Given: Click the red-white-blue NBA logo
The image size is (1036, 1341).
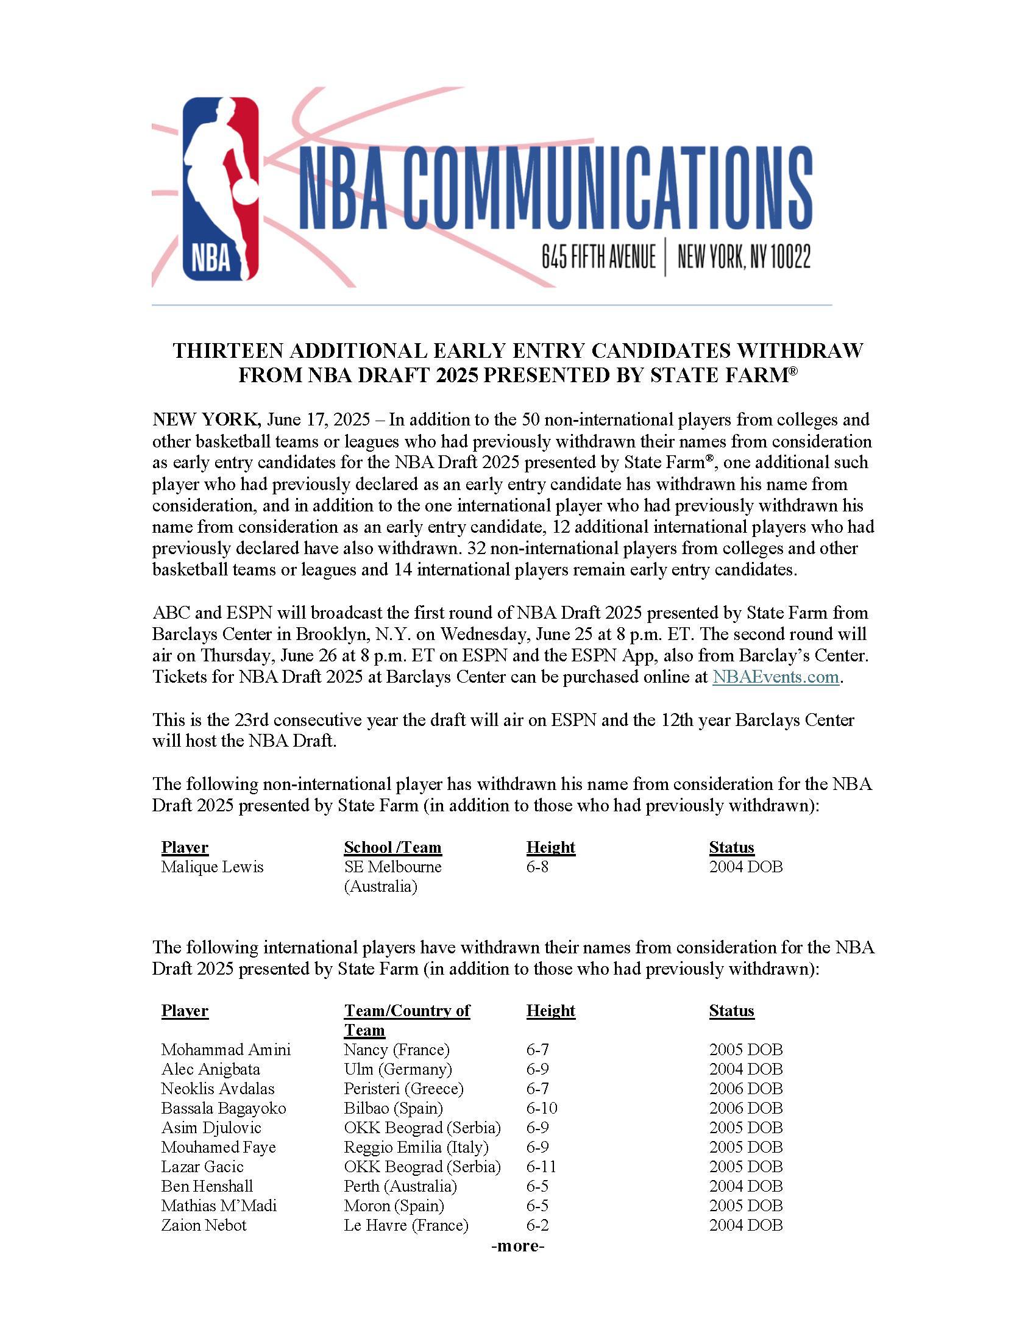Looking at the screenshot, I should (221, 188).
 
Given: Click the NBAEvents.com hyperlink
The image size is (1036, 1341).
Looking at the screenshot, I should (775, 677).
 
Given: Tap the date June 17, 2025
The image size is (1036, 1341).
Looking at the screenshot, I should (319, 420).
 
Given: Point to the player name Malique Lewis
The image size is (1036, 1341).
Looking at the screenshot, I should (211, 867).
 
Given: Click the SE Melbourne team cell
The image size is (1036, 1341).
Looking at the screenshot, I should (392, 867).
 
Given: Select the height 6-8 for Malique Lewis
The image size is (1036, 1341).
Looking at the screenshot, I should (537, 867).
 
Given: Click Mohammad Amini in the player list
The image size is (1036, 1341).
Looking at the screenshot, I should (226, 1050).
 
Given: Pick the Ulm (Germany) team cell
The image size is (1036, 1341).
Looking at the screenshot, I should (398, 1069).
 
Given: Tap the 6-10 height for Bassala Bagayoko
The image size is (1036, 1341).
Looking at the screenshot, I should (541, 1108).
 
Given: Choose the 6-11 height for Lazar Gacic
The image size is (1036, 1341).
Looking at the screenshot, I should (541, 1167).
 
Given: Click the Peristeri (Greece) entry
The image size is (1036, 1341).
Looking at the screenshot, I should (403, 1089).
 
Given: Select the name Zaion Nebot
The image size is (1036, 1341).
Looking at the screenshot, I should (204, 1225).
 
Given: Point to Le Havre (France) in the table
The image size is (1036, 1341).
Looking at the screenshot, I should (406, 1225).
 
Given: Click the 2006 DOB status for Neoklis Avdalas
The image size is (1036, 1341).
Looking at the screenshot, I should (746, 1089).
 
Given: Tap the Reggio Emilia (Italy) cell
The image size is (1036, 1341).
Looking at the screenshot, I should (416, 1147).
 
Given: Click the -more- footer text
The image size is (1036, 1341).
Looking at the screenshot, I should (517, 1246).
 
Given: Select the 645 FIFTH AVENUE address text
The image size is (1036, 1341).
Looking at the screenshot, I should (598, 256).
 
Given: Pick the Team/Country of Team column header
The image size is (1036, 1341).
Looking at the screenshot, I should (406, 1011).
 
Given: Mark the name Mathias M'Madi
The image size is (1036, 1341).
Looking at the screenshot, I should (219, 1205).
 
